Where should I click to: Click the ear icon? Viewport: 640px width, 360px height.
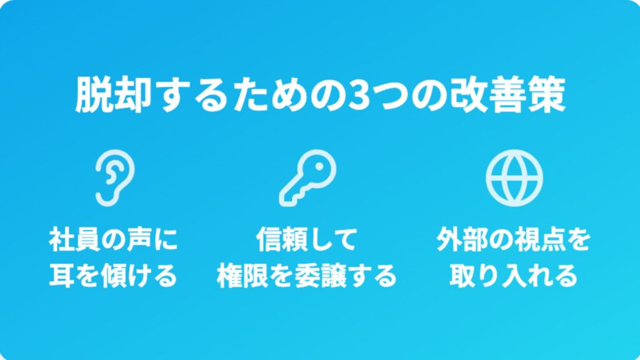(x=115, y=177)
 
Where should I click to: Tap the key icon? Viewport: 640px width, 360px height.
(x=307, y=177)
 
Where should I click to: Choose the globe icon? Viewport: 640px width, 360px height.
(x=514, y=177)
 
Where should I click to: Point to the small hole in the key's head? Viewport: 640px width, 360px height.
(x=318, y=167)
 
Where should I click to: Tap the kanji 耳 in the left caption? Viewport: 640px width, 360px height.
(x=62, y=276)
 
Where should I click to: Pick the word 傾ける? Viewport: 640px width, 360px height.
(x=138, y=276)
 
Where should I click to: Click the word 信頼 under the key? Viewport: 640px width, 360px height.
(x=282, y=239)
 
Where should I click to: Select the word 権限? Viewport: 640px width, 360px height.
(x=242, y=276)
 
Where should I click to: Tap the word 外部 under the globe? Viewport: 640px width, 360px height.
(x=462, y=239)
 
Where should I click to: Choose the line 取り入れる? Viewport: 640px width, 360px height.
(x=514, y=276)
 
